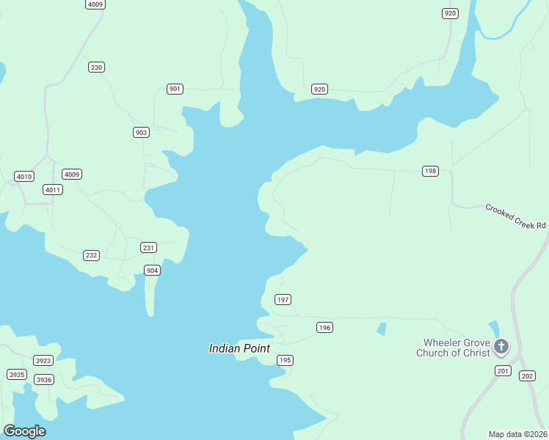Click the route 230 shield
pyautogui.click(x=96, y=67)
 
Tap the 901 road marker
pyautogui.click(x=175, y=89)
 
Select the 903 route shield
pyautogui.click(x=142, y=133)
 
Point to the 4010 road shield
pyautogui.click(x=24, y=177)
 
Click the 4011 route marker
pyautogui.click(x=53, y=189)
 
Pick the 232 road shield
pyautogui.click(x=91, y=255)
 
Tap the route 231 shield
pyautogui.click(x=149, y=248)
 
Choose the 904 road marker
pyautogui.click(x=152, y=271)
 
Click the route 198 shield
pyautogui.click(x=430, y=171)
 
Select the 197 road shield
pyautogui.click(x=283, y=299)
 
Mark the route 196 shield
pyautogui.click(x=325, y=327)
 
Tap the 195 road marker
pyautogui.click(x=285, y=360)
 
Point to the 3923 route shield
pyautogui.click(x=43, y=360)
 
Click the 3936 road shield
pyautogui.click(x=44, y=379)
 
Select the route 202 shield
pyautogui.click(x=527, y=376)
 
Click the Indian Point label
pyautogui.click(x=239, y=348)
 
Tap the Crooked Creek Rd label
pyautogui.click(x=515, y=216)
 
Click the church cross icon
pyautogui.click(x=501, y=346)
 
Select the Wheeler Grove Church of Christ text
pyautogui.click(x=452, y=348)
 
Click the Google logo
pyautogui.click(x=24, y=431)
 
